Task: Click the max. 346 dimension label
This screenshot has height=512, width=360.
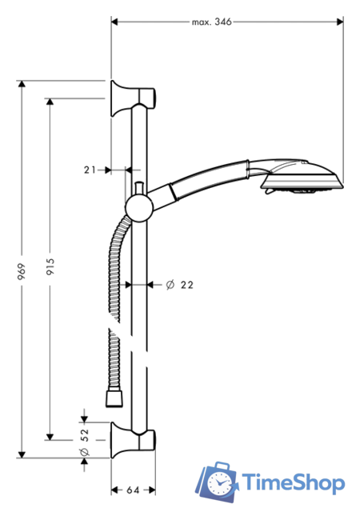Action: (211, 22)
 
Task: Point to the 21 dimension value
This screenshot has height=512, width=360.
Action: (90, 170)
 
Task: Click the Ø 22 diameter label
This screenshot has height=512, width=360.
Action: (181, 284)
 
